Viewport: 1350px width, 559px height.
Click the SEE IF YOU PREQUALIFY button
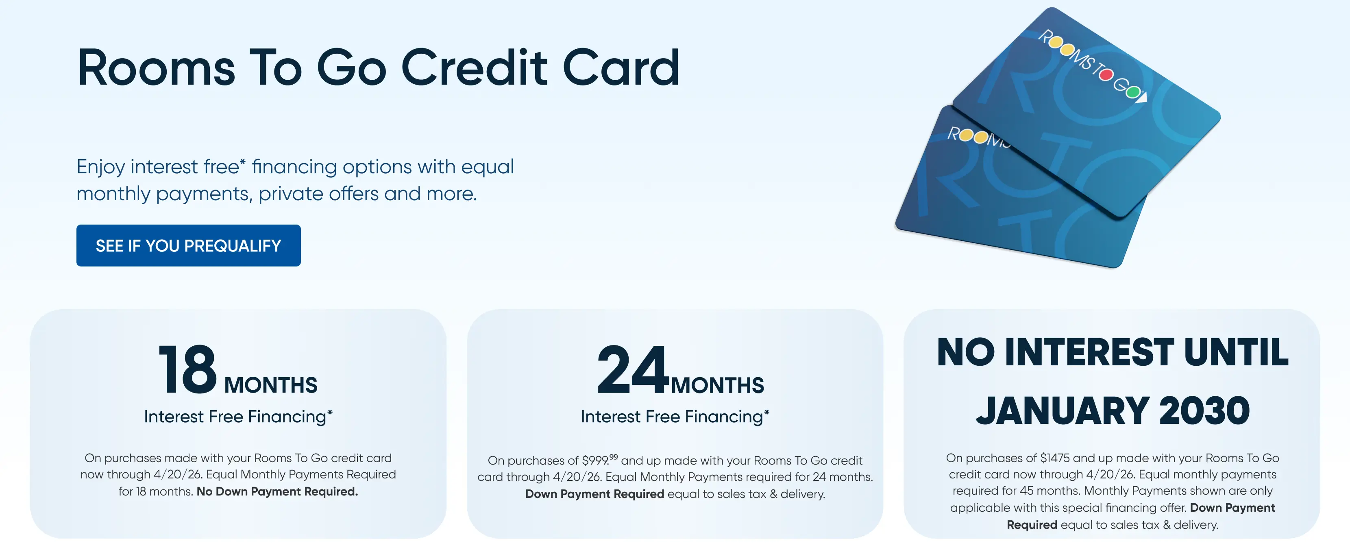188,245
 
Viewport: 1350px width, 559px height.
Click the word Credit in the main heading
474,68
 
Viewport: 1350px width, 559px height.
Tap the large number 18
187,370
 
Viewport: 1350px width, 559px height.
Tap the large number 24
633,370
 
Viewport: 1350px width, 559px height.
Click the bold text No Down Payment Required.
277,491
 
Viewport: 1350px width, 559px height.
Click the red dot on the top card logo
1106,75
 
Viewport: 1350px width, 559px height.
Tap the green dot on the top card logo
1133,92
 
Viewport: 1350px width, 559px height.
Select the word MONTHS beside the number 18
270,385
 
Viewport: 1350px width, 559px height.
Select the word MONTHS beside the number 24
717,385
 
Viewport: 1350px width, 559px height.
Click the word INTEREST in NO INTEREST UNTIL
1089,352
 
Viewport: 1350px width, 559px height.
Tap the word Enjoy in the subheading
100,167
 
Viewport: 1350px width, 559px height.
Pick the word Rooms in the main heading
156,68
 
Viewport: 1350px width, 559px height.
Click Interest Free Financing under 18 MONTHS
238,416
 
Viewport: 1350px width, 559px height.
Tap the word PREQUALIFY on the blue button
232,245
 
